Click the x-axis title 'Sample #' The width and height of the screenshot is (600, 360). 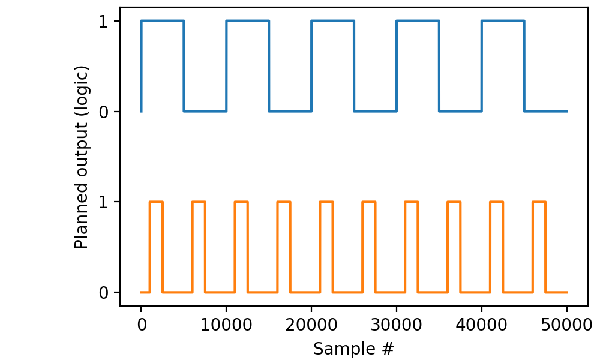coord(354,348)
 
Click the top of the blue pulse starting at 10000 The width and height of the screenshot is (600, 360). coord(247,21)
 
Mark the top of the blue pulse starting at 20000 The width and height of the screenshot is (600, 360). coord(332,21)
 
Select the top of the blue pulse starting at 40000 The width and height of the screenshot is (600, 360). coord(503,21)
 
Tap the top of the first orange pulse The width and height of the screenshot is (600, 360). coord(156,202)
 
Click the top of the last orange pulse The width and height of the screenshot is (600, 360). coord(539,202)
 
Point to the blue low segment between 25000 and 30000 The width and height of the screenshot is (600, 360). coord(375,111)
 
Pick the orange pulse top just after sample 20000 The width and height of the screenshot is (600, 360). coord(326,202)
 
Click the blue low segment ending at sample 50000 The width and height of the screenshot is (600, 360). coord(545,111)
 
